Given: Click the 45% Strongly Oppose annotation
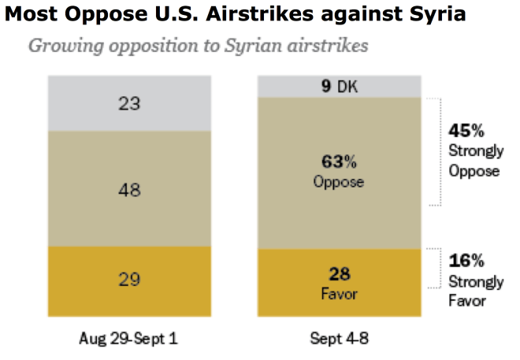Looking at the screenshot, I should (473, 150).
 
